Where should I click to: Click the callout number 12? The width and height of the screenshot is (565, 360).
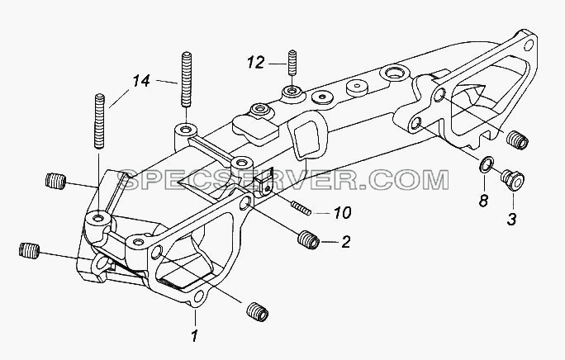click(x=256, y=63)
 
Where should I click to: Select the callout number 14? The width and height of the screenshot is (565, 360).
click(x=141, y=81)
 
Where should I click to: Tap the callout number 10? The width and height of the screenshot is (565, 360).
click(x=342, y=212)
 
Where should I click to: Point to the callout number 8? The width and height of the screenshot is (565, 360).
click(x=483, y=200)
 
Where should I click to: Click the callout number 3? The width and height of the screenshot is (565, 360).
click(x=511, y=219)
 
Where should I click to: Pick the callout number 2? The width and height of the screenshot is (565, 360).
click(x=345, y=242)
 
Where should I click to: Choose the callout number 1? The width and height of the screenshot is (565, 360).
click(x=195, y=336)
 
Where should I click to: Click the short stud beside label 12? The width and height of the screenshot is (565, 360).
click(x=292, y=63)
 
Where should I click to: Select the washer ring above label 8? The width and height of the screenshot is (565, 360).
click(x=486, y=164)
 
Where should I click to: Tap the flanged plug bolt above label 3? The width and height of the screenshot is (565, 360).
click(x=512, y=180)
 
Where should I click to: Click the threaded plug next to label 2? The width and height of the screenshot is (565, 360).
click(x=308, y=239)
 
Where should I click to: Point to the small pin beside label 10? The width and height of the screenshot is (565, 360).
click(x=301, y=208)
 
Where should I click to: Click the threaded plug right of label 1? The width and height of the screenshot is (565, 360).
click(x=258, y=311)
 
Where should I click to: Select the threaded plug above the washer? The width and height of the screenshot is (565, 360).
click(x=517, y=140)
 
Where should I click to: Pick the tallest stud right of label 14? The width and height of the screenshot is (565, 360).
click(x=186, y=79)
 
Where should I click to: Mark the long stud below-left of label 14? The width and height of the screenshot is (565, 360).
click(x=99, y=121)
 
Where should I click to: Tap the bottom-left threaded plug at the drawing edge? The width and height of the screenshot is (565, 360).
click(x=29, y=250)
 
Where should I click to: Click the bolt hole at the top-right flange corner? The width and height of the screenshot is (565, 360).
click(x=529, y=45)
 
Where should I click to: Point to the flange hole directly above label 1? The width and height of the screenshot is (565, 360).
click(x=198, y=296)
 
